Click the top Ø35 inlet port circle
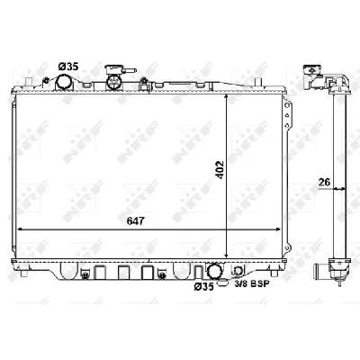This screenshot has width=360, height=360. point(66,83)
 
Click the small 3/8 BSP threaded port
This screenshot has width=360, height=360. point(237,273)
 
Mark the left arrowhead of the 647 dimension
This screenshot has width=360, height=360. point(21,229)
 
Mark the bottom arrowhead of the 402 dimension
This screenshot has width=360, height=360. point(225,255)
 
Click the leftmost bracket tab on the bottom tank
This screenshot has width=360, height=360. point(82,270)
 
